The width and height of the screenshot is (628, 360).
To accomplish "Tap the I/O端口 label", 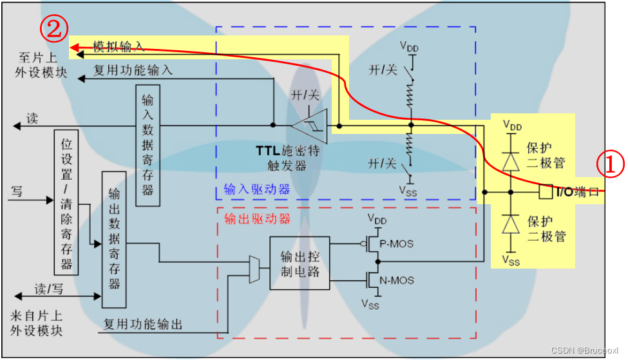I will tap(577, 191).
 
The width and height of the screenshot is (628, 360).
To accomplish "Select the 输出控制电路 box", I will tap(300, 263).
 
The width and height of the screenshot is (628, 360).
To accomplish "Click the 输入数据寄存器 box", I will tap(147, 146).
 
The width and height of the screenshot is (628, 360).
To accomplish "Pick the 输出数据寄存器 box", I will tap(114, 239).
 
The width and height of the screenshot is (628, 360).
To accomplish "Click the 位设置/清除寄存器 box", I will tap(66, 202).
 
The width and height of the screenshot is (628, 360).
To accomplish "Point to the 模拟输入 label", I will tap(119, 46).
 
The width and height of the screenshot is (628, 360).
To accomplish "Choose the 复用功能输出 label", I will tap(143, 325).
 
